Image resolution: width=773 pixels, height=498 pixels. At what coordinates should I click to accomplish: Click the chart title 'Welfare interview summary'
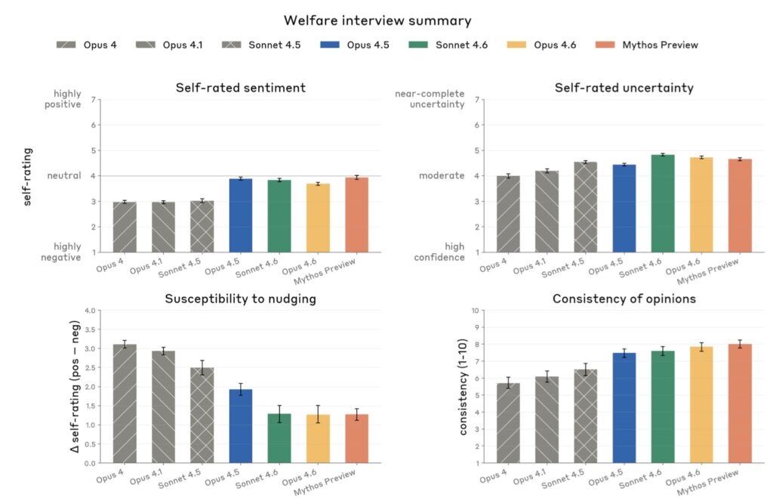click(x=377, y=20)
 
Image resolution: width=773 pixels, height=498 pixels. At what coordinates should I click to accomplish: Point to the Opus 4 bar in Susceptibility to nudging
click(x=125, y=404)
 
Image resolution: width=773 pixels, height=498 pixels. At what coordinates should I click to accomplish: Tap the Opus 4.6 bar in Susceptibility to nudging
click(x=318, y=438)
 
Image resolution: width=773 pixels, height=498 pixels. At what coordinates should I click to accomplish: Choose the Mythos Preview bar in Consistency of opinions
click(x=740, y=404)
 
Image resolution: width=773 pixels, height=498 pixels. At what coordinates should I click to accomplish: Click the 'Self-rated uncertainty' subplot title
click(x=624, y=88)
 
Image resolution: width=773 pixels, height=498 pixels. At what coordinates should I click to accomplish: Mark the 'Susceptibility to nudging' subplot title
click(x=240, y=298)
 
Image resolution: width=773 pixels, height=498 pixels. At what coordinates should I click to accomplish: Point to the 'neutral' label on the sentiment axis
click(x=64, y=175)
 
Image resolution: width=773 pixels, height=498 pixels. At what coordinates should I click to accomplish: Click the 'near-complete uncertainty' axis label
click(x=430, y=99)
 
